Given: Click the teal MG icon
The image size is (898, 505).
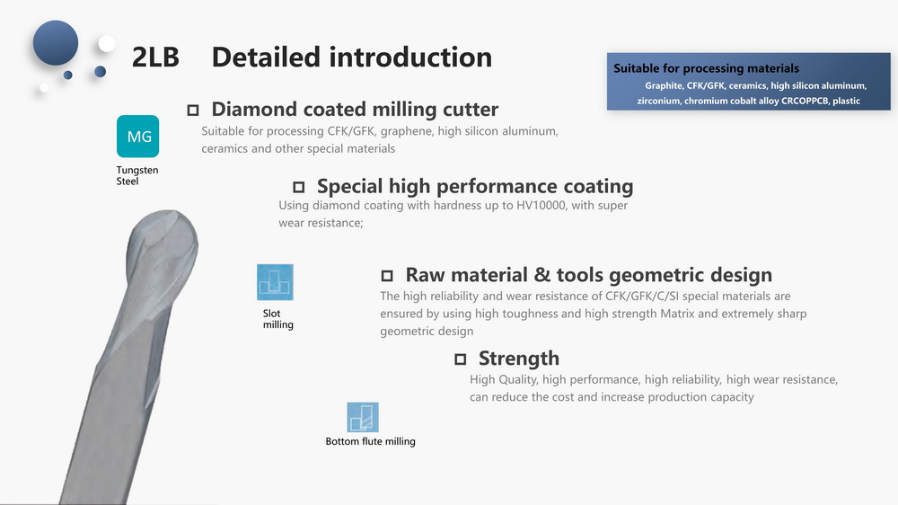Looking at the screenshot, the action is (x=137, y=136).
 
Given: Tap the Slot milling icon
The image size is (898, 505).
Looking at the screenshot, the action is (x=275, y=282).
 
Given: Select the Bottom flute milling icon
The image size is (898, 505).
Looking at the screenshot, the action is (x=363, y=417).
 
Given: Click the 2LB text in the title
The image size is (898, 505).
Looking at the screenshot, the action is (x=155, y=58).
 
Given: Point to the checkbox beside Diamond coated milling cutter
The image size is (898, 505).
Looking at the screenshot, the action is (x=193, y=110).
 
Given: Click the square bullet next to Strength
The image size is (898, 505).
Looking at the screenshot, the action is (x=461, y=359).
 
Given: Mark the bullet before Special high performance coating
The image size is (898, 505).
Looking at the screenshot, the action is (x=298, y=188).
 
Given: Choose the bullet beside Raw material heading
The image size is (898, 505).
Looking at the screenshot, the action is (x=387, y=276).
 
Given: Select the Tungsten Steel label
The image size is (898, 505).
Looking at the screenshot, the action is (x=136, y=175).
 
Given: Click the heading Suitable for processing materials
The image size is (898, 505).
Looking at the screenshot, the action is (x=706, y=68).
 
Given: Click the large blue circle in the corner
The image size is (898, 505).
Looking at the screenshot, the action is (x=56, y=43).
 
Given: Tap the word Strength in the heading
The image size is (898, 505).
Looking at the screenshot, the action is (x=519, y=359).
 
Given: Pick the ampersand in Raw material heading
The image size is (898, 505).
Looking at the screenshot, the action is (x=541, y=275).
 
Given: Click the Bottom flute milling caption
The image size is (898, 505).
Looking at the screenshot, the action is (x=371, y=441).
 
